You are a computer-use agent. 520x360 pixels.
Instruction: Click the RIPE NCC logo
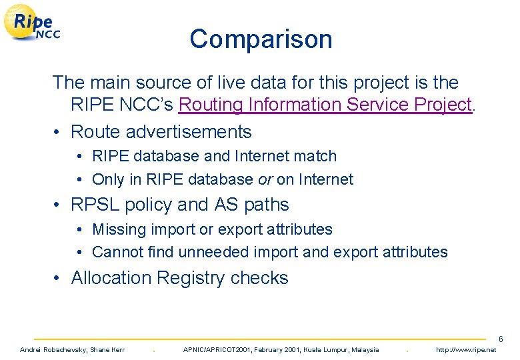coord(33,24)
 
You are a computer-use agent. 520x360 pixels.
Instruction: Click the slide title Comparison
coord(261,39)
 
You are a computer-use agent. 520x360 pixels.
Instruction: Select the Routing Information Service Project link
coord(325,105)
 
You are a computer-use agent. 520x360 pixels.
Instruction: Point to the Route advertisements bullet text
coord(161,132)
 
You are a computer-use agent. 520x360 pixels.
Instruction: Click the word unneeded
coord(209,252)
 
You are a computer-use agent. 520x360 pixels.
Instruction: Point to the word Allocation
coord(110,278)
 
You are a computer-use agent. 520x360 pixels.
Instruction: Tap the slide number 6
coord(501,340)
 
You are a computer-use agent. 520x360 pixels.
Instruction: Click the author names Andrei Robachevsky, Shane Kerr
coord(72,350)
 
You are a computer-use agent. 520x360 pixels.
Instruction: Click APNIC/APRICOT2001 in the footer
coord(214,350)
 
